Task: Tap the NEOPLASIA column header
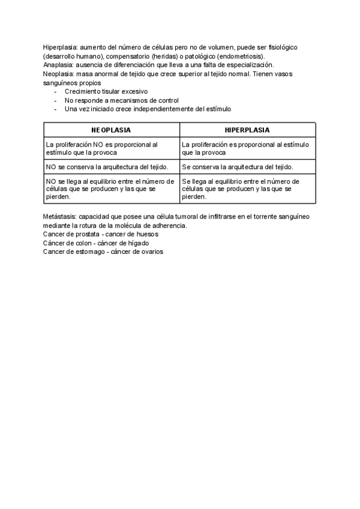pos(111,130)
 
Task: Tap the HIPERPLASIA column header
pos(247,130)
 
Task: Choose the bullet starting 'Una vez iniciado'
pos(147,109)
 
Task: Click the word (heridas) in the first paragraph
pos(153,56)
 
